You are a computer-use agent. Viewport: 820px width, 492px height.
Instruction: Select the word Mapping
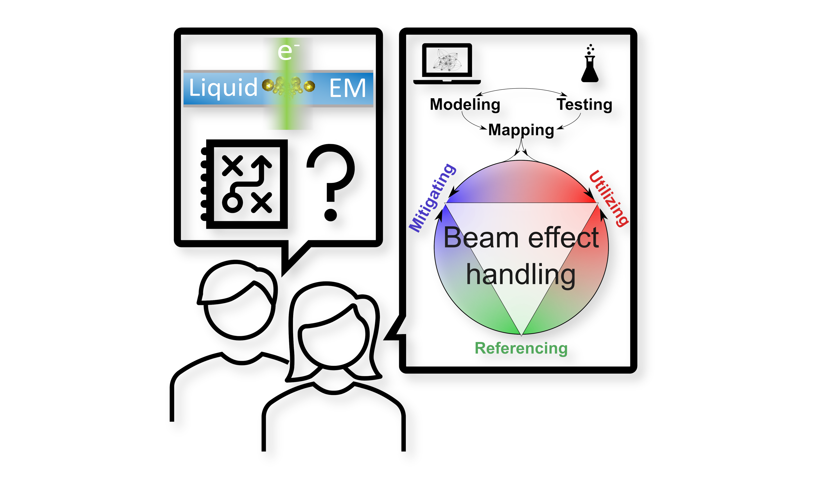point(521,130)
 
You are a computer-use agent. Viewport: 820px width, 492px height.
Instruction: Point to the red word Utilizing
point(609,198)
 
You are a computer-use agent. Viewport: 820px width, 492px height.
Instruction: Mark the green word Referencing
point(521,348)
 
